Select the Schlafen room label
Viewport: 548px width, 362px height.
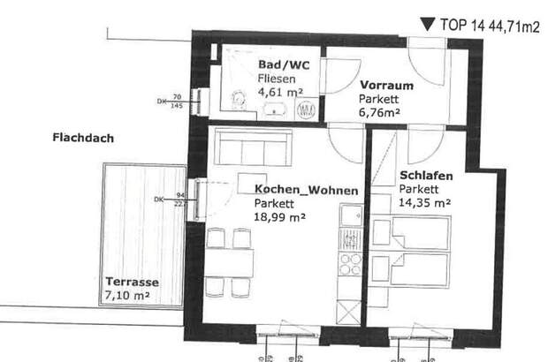click(x=426, y=176)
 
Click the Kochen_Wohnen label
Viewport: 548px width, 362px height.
click(x=306, y=190)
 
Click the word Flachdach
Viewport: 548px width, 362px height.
click(x=82, y=138)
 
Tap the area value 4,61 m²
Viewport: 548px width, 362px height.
click(x=281, y=90)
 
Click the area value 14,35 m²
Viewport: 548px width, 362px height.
click(x=425, y=202)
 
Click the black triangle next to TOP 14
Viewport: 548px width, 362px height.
click(x=427, y=25)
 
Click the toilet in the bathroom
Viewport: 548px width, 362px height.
click(x=238, y=102)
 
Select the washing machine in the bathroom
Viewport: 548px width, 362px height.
click(x=307, y=109)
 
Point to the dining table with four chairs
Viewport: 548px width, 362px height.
click(x=229, y=262)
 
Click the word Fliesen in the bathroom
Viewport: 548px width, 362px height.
click(x=276, y=78)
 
